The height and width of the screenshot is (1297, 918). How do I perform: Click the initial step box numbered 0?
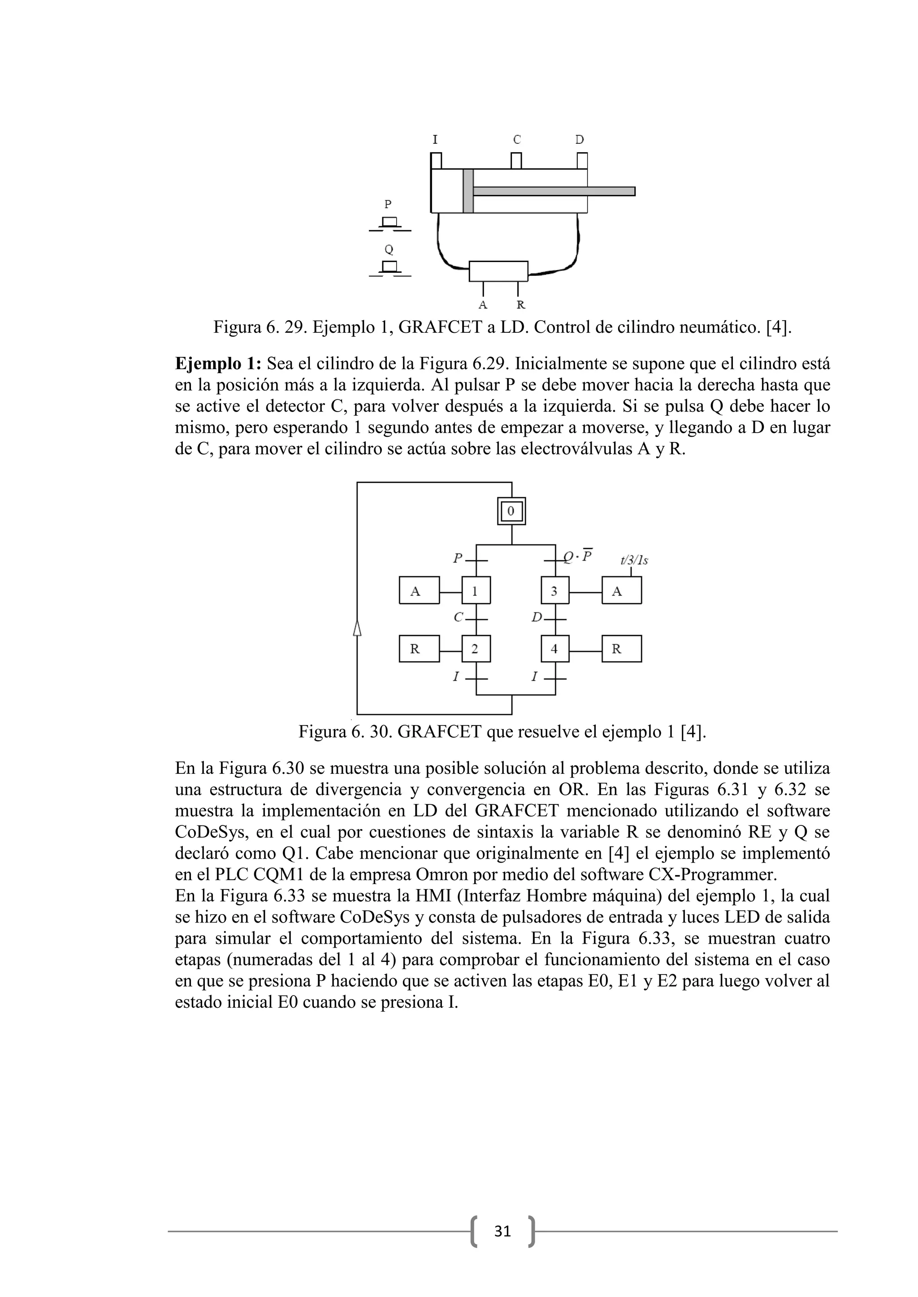511,511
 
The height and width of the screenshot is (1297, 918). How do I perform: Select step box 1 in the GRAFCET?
476,591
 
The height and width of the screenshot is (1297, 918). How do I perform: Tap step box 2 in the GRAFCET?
476,648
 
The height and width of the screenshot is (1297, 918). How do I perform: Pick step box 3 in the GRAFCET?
554,591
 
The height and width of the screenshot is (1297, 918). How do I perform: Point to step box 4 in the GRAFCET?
554,648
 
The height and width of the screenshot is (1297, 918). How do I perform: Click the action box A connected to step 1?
419,591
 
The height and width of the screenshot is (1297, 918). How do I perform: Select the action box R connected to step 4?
621,648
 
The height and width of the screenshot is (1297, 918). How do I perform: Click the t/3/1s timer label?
634,560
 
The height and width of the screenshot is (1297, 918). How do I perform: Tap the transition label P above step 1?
457,558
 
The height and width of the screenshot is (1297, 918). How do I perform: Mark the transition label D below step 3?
537,618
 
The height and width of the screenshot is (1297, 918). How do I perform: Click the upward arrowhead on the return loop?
357,627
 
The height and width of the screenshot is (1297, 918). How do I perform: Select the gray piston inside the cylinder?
468,191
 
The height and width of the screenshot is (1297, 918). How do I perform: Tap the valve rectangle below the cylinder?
498,271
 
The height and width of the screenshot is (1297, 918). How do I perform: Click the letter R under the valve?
520,305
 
